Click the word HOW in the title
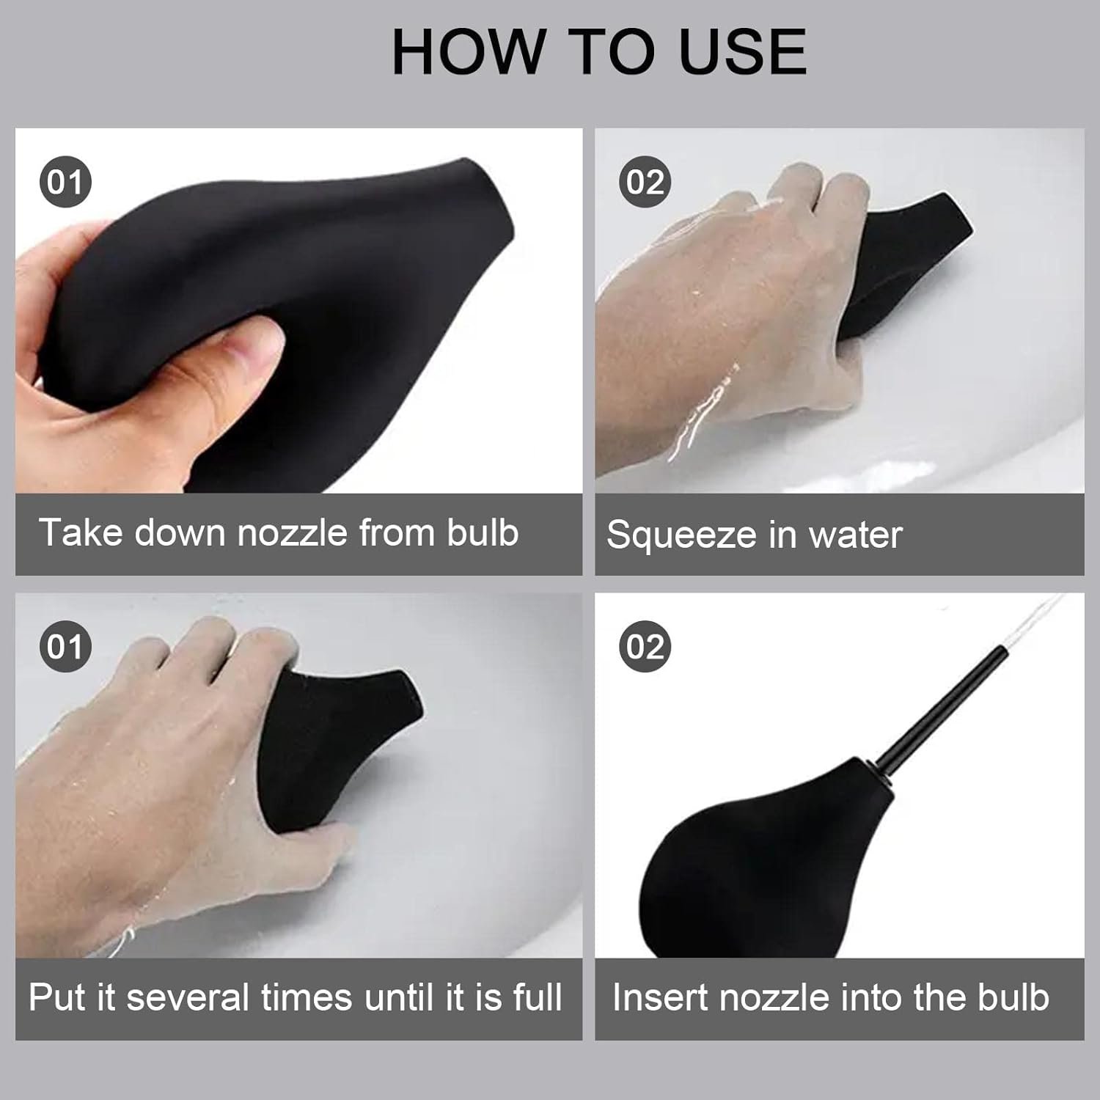pyautogui.click(x=470, y=51)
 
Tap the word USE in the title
pyautogui.click(x=743, y=51)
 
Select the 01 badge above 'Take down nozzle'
pyautogui.click(x=65, y=182)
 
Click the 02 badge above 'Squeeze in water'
pyautogui.click(x=645, y=182)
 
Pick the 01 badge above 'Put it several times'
pyautogui.click(x=65, y=647)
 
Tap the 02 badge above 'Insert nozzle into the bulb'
pyautogui.click(x=645, y=647)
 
